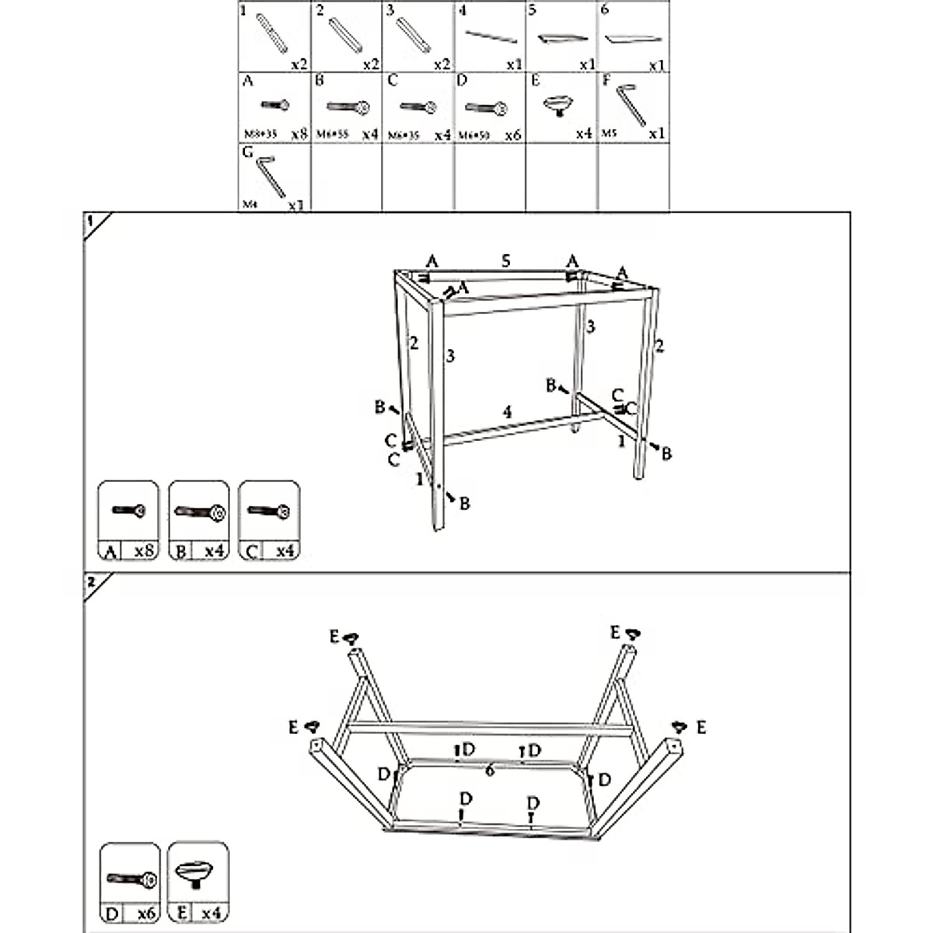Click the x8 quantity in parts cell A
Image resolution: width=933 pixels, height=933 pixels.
(x=299, y=135)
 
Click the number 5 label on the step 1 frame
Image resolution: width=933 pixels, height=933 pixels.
(x=506, y=261)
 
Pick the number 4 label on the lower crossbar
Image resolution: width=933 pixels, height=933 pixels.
(x=507, y=412)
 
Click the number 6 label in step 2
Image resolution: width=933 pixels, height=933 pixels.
(x=490, y=771)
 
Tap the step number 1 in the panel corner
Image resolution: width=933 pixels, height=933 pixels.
(x=90, y=221)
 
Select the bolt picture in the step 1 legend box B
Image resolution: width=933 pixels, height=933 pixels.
(x=199, y=512)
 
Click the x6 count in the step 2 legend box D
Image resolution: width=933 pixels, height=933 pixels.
(x=145, y=913)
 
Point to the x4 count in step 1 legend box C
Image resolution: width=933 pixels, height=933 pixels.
(x=285, y=551)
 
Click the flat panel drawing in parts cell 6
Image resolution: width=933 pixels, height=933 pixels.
(x=633, y=39)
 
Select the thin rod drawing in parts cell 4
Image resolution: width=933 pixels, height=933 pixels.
(x=491, y=37)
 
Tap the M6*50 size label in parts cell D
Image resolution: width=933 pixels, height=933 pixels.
(x=473, y=135)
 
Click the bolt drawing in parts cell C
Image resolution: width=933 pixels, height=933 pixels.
(x=418, y=107)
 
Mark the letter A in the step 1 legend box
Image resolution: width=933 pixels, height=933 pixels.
(x=110, y=551)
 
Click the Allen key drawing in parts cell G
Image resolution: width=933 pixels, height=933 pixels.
(x=270, y=176)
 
